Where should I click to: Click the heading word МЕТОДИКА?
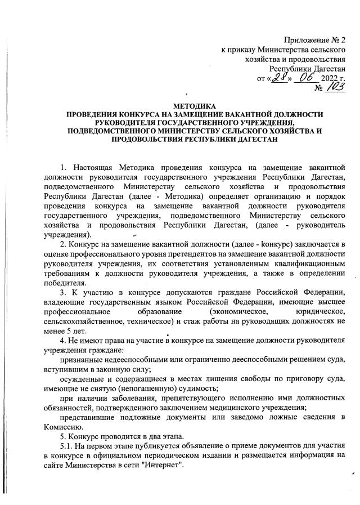(x=191, y=106)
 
